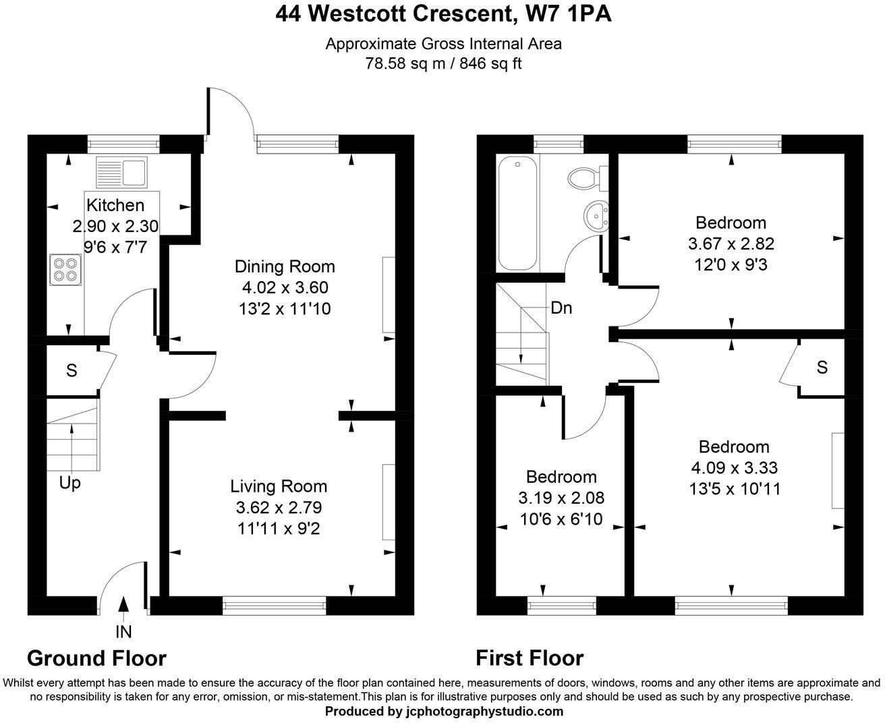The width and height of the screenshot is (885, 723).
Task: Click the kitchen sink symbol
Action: (x=121, y=171)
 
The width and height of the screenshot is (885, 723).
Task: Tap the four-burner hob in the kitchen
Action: (x=65, y=269)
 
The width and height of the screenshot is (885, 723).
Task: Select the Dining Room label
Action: (x=284, y=266)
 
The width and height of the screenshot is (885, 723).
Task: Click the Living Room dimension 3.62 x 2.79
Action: (x=279, y=507)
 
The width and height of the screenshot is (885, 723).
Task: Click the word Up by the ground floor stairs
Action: (x=70, y=484)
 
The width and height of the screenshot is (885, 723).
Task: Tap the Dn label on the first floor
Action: (x=561, y=308)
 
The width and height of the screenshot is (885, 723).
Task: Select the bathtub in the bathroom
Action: (x=517, y=213)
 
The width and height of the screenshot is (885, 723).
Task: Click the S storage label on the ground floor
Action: (x=72, y=370)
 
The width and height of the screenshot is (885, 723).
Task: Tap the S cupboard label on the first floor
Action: (x=822, y=368)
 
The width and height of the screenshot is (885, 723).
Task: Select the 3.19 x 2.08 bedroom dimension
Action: (x=561, y=498)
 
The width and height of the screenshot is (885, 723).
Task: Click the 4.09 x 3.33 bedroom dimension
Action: (x=734, y=468)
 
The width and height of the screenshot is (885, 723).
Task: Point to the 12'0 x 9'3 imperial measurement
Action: (x=731, y=265)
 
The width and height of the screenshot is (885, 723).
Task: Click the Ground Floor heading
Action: (x=96, y=658)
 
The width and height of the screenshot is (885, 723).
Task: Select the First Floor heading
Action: (x=530, y=658)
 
